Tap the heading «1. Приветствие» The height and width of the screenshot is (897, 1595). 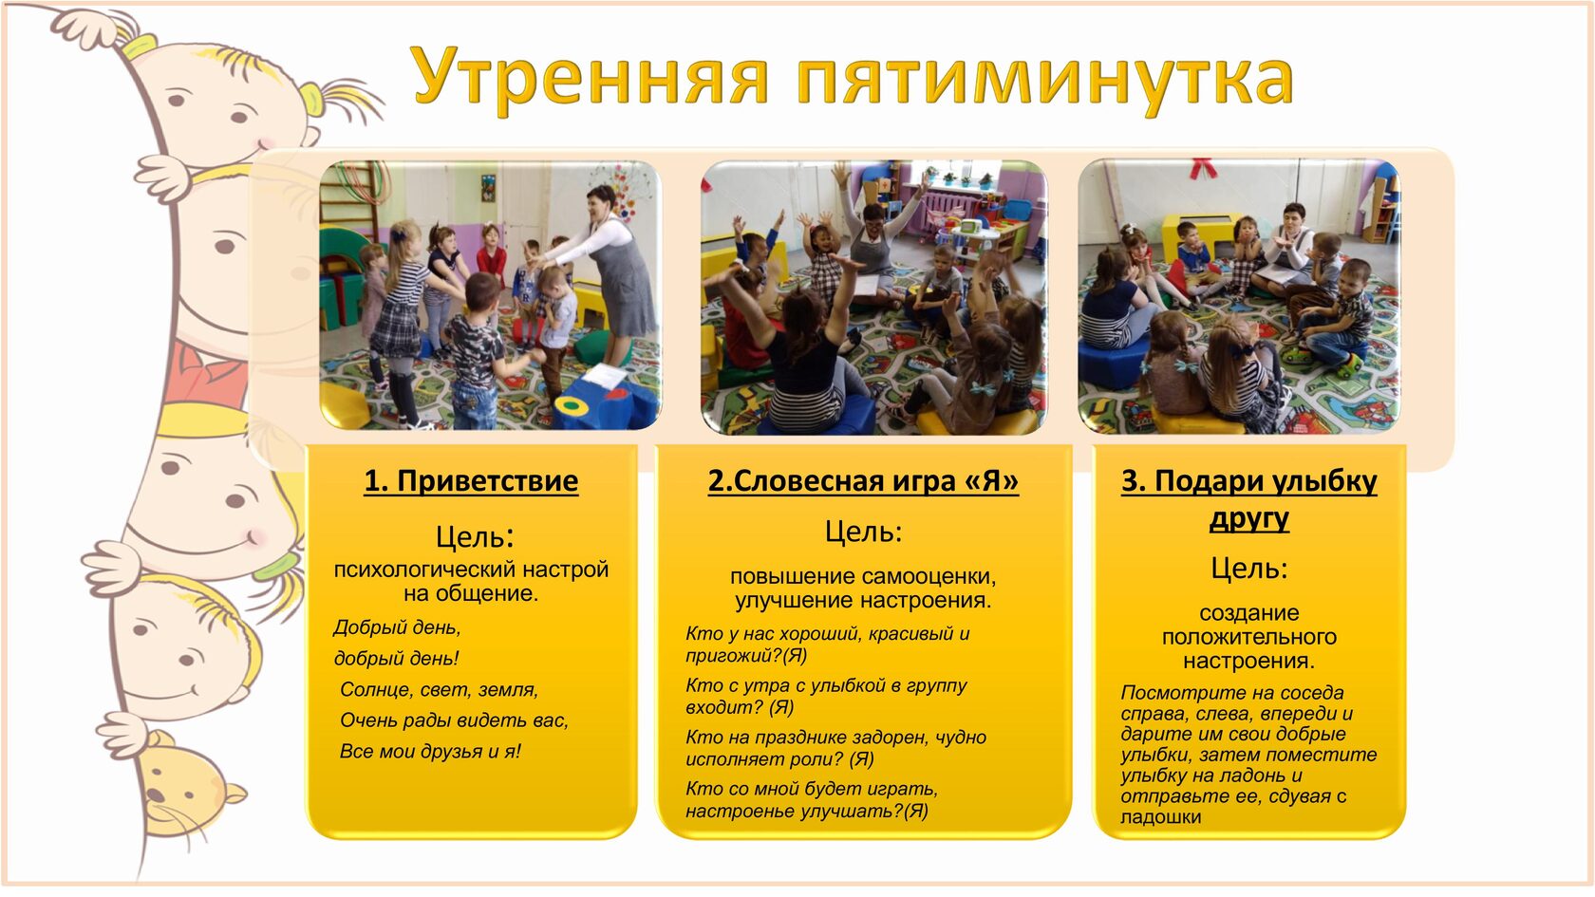[x=471, y=481]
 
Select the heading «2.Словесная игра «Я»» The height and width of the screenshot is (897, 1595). [x=863, y=481]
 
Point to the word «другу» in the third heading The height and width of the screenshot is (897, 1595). [x=1249, y=519]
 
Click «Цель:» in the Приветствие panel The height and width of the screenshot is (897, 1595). [x=475, y=537]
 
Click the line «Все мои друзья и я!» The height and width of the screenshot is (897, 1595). [x=430, y=751]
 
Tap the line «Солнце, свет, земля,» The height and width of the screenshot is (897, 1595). [x=439, y=689]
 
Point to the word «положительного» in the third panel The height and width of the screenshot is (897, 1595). [x=1249, y=637]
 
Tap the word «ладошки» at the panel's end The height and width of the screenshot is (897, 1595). [x=1160, y=817]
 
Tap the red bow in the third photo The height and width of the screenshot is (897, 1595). [x=1204, y=168]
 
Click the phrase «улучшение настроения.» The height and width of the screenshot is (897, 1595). [x=863, y=600]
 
